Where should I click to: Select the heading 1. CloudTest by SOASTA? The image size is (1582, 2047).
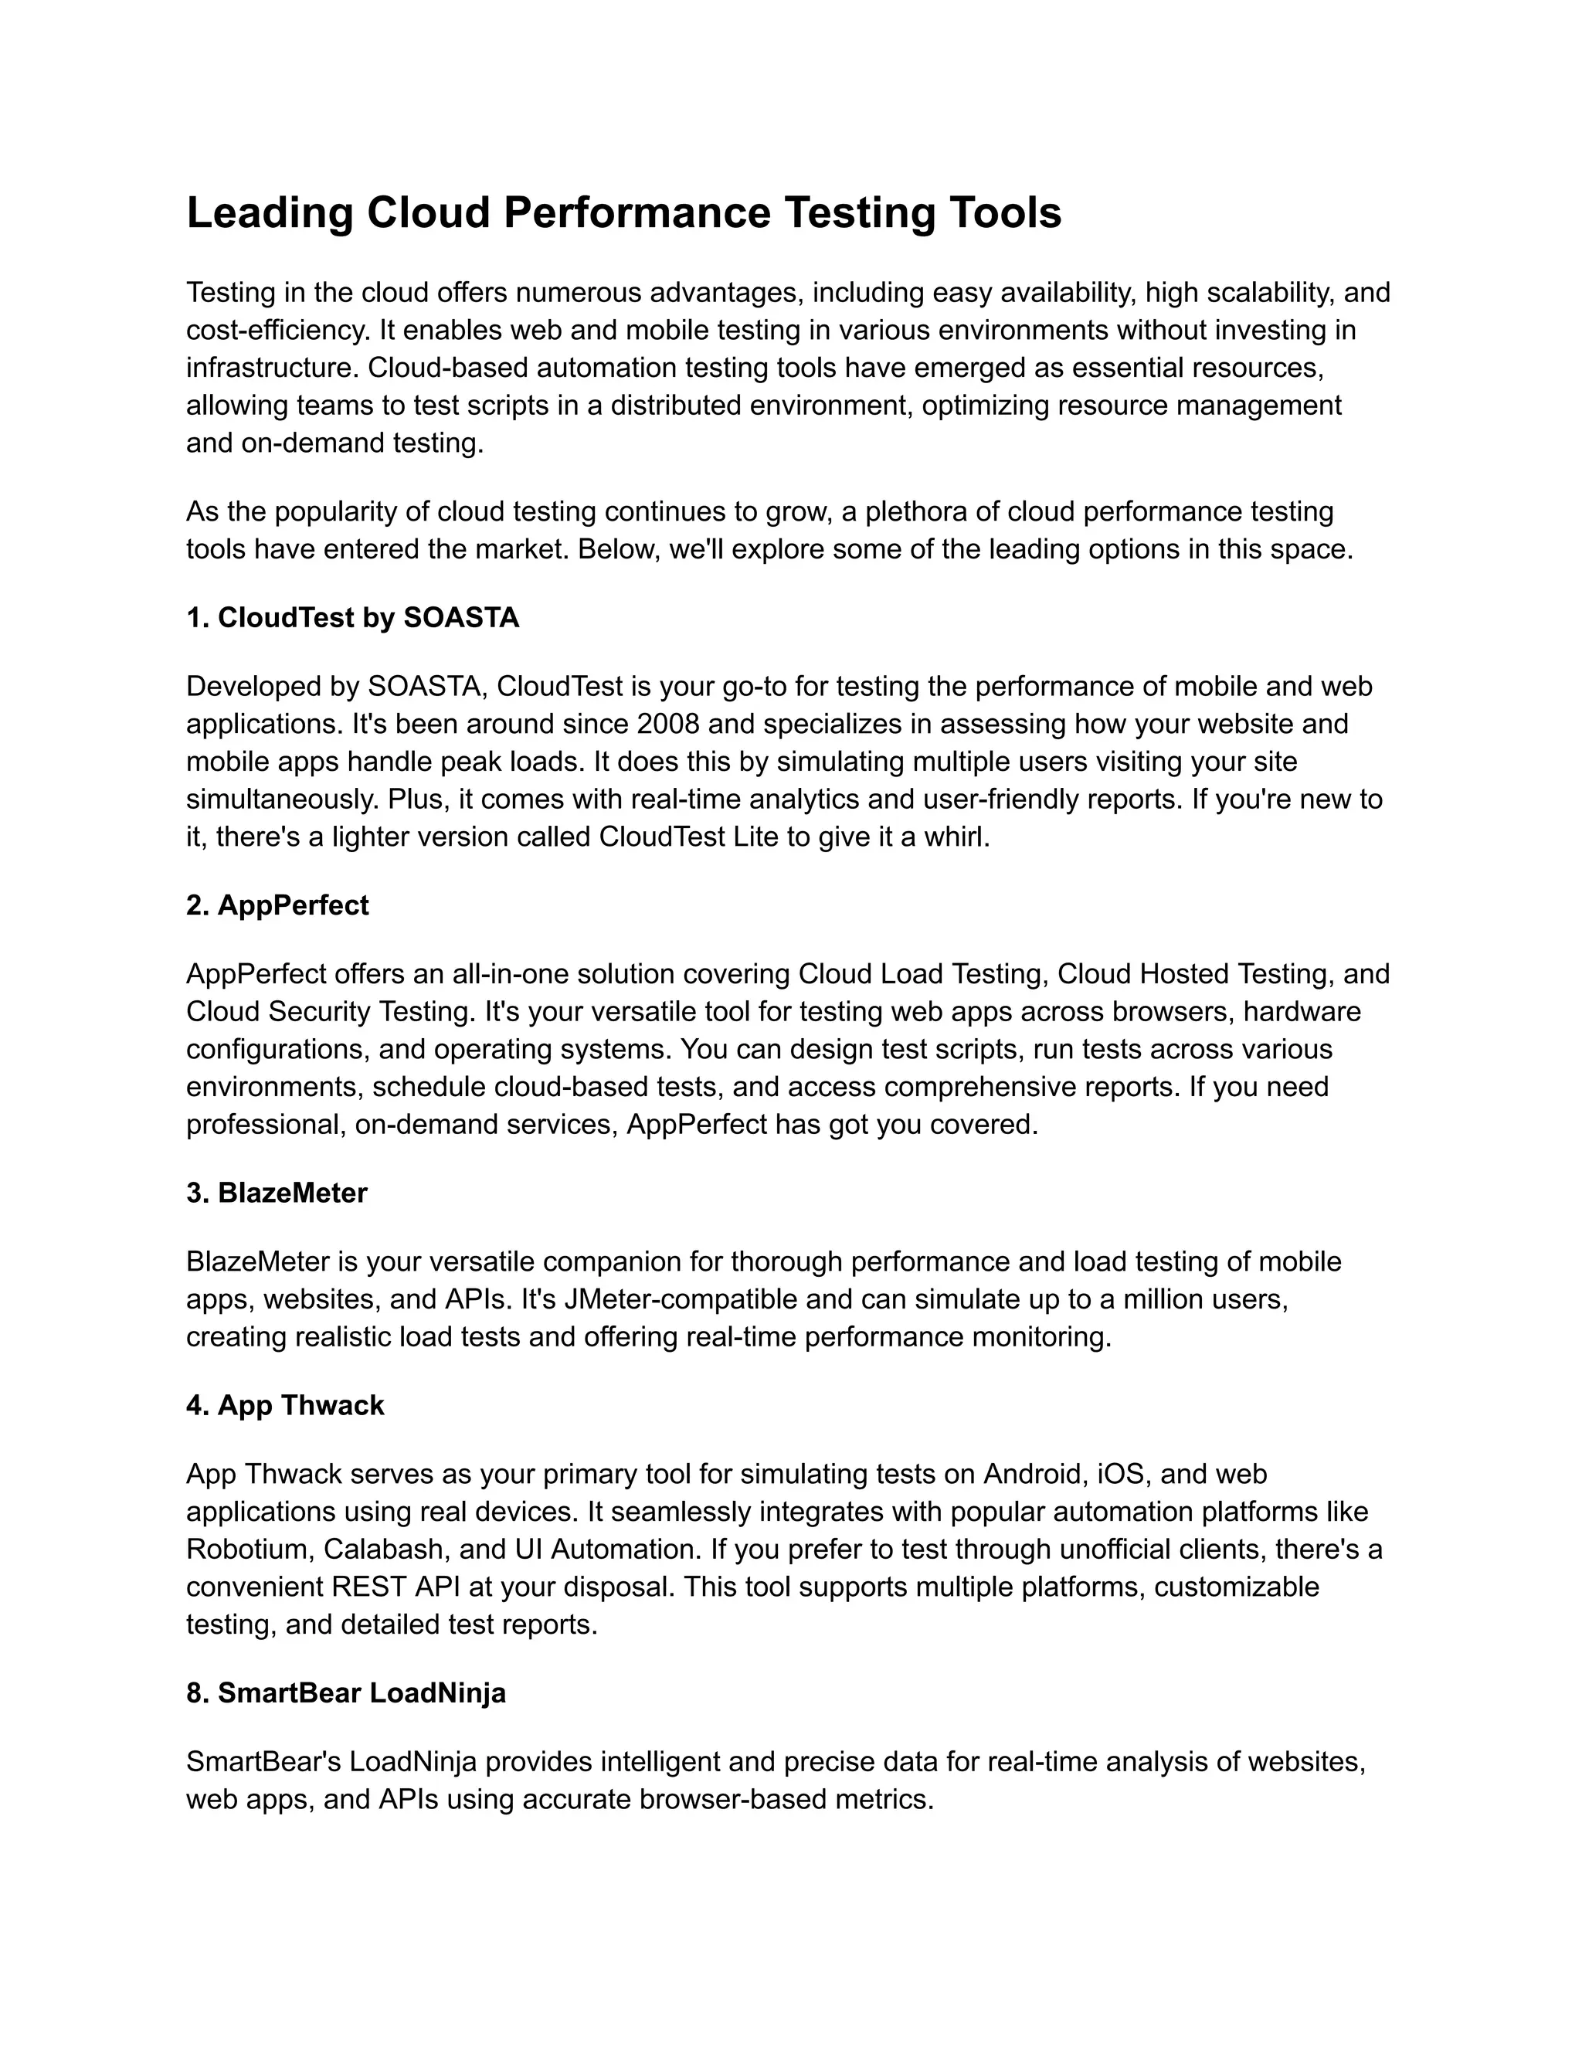pos(352,618)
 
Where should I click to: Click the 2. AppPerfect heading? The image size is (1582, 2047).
pos(277,905)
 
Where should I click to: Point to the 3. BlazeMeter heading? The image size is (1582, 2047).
pos(277,1193)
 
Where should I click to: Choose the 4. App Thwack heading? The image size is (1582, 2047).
pos(285,1406)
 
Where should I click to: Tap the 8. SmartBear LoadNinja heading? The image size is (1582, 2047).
pos(346,1694)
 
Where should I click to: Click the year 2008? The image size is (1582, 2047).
pos(669,725)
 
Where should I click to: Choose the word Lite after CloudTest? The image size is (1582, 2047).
pos(755,837)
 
